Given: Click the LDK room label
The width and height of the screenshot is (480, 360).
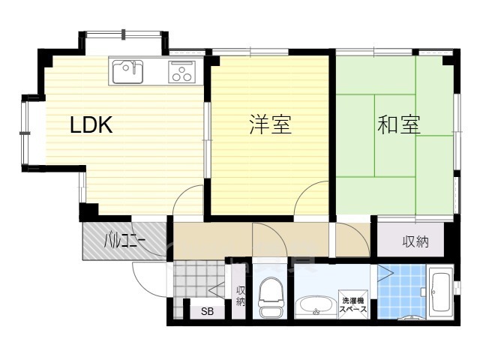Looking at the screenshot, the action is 91,124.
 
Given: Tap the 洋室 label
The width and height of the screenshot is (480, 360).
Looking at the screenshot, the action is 270,124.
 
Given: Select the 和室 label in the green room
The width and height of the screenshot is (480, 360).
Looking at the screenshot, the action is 398,124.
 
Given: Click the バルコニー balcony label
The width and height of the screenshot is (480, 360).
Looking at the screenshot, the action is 124,241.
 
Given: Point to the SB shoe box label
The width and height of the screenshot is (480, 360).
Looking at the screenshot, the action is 207,312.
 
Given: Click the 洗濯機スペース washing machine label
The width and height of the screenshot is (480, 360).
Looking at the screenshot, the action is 353,304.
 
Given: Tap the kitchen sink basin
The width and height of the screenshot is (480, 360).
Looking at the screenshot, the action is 127,72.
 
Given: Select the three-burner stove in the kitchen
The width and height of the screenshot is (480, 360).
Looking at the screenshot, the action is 181,72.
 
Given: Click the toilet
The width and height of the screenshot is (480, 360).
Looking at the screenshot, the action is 270,297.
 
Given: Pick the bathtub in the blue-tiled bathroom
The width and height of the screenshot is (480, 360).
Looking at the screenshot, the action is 440,292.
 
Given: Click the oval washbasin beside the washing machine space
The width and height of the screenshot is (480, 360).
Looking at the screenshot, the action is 316,305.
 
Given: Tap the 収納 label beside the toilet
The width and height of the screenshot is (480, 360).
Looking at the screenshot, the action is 240,296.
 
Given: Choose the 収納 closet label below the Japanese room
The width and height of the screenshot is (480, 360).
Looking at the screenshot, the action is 415,241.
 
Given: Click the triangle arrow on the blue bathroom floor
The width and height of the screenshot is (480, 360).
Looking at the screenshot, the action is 385,273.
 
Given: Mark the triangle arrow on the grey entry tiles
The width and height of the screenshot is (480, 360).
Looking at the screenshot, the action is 217,290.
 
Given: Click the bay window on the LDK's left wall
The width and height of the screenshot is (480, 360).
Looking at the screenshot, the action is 25,133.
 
